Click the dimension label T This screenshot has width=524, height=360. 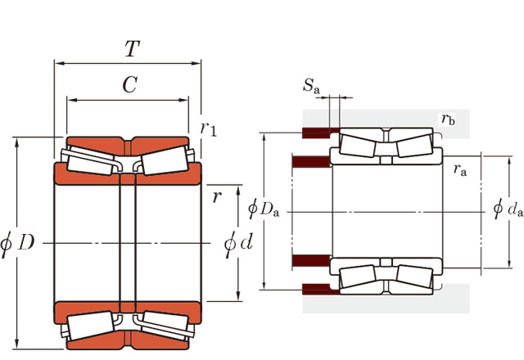pyautogui.click(x=131, y=48)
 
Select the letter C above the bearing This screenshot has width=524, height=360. pyautogui.click(x=129, y=83)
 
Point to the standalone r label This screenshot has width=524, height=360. pyautogui.click(x=216, y=197)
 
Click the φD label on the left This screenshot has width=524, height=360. pyautogui.click(x=18, y=243)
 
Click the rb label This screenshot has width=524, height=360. pyautogui.click(x=447, y=119)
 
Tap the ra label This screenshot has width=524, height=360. pyautogui.click(x=459, y=169)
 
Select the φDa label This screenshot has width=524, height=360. pyautogui.click(x=264, y=209)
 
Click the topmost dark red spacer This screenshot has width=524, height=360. pyautogui.click(x=317, y=133)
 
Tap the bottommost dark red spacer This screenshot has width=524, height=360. pyautogui.click(x=317, y=288)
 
